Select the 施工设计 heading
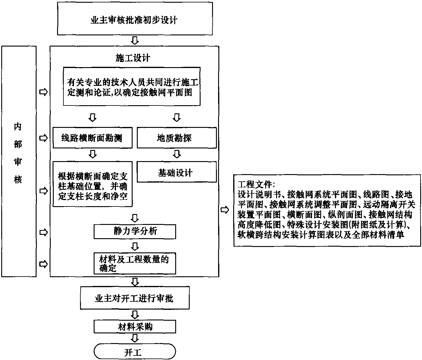[133, 58]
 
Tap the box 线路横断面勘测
[92, 138]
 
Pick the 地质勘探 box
[177, 138]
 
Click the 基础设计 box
[177, 172]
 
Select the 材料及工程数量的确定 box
[135, 264]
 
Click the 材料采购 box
[135, 326]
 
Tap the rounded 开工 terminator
[135, 352]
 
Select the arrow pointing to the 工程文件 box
[225, 210]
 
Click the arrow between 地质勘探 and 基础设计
[177, 154]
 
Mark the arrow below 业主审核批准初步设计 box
[135, 40]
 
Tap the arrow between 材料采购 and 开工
[135, 338]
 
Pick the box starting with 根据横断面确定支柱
[92, 185]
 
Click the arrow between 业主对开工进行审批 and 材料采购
[135, 314]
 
